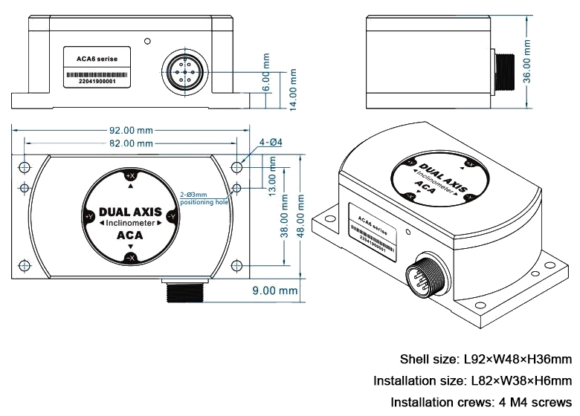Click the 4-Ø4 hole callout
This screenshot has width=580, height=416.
pos(270,143)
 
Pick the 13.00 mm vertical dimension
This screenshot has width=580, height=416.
pos(272,181)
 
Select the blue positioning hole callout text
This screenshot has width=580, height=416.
pos(203,198)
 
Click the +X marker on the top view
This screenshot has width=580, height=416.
pos(130,176)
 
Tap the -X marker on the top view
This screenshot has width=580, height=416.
pos(130,257)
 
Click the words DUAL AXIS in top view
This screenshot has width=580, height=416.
pos(130,211)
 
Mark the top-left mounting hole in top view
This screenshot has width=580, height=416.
pos(24,166)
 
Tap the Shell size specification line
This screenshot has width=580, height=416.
pos(486,360)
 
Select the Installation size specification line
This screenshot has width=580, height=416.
pos(472,381)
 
